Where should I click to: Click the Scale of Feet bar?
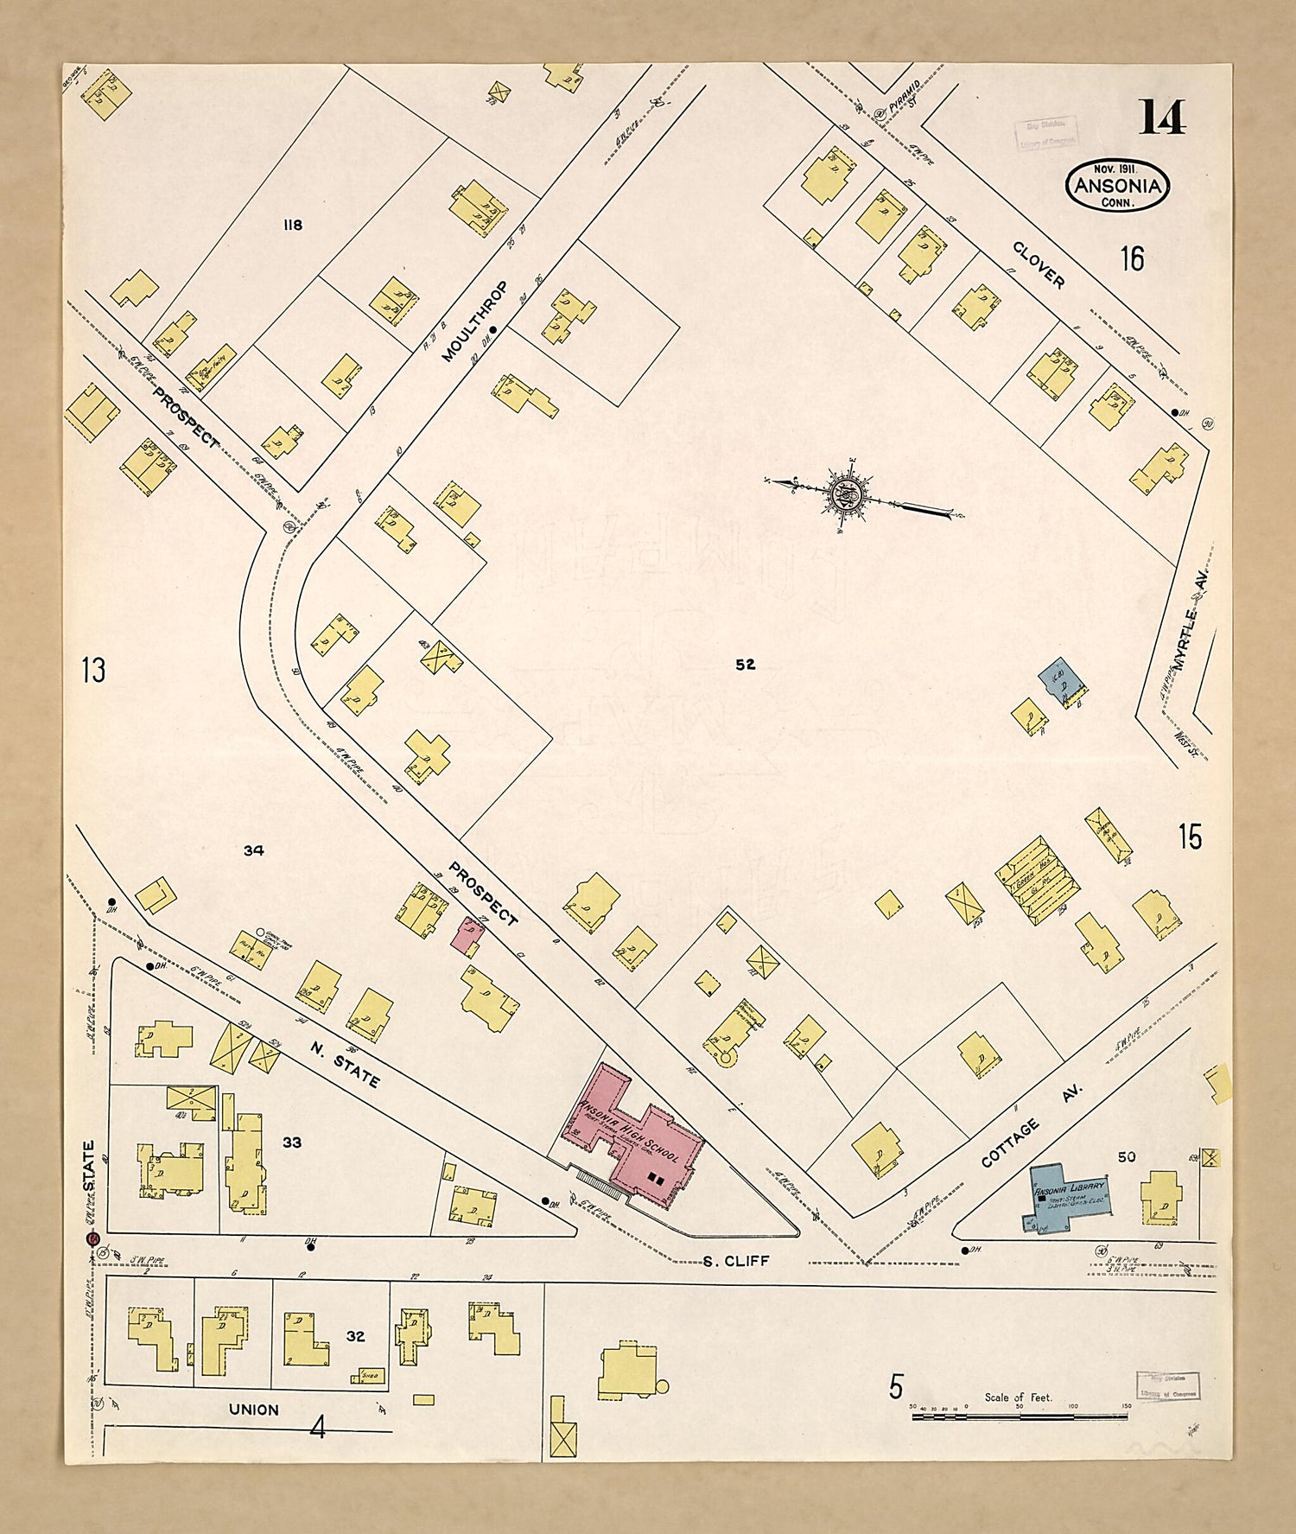[1020, 1416]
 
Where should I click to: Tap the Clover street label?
[1039, 264]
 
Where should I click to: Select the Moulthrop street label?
[474, 321]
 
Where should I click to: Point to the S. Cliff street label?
[734, 1261]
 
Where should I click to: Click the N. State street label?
[345, 1065]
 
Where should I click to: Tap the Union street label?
[253, 1410]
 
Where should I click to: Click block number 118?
[293, 225]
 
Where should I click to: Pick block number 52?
[745, 664]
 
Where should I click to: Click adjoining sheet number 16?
[1132, 258]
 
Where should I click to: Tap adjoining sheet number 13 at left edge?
[92, 669]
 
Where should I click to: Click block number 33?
[292, 1142]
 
